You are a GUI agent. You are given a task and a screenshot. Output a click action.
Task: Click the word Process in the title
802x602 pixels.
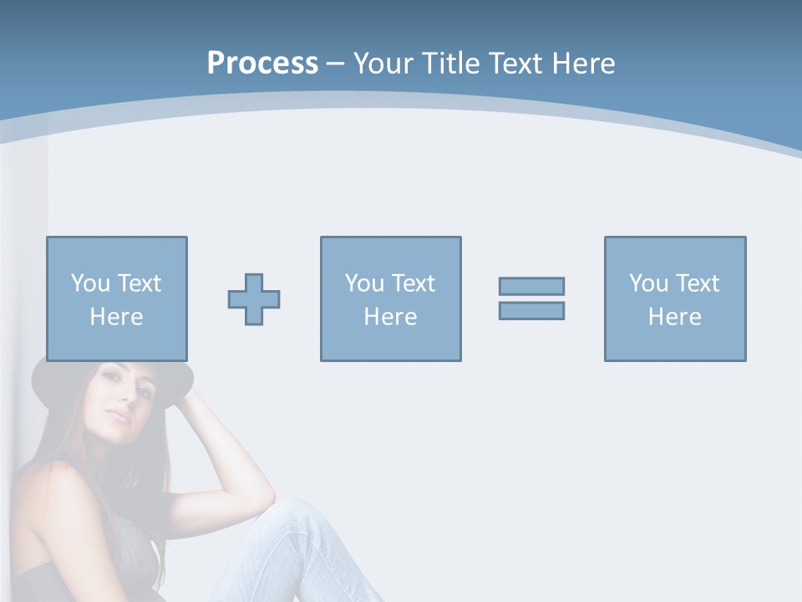[262, 64]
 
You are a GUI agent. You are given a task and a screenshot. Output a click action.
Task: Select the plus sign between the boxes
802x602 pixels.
[254, 299]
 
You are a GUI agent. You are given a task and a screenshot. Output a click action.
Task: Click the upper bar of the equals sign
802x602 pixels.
[531, 286]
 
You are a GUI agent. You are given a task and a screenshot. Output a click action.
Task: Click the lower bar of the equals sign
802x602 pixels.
[531, 310]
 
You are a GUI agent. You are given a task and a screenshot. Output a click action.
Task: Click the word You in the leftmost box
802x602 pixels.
[89, 283]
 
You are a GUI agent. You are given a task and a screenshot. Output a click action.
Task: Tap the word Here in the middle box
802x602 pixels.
[390, 317]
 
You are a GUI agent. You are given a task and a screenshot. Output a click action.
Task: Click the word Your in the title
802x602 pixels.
[380, 64]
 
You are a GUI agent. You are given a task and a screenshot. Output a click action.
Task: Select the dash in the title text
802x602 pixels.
[335, 64]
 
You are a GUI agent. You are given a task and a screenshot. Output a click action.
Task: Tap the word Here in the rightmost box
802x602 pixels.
[674, 317]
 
